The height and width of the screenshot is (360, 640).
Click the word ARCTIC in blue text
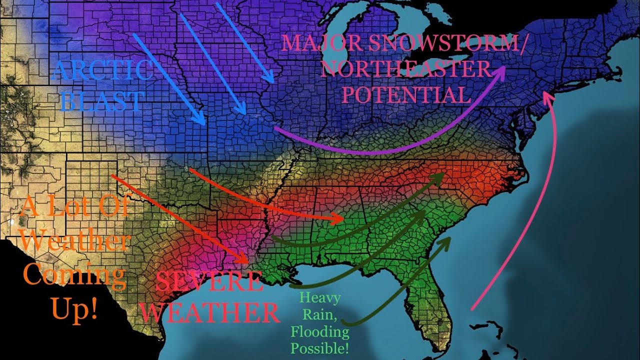(102, 70)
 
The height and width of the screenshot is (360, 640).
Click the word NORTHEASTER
(405, 69)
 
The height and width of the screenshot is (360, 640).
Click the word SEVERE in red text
(209, 283)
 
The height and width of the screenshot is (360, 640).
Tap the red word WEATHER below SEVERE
(209, 313)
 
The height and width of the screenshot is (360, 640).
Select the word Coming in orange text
(74, 276)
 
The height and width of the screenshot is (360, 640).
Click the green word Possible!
(320, 347)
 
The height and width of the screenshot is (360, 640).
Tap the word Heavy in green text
(319, 298)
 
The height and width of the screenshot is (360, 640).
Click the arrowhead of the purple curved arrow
(502, 71)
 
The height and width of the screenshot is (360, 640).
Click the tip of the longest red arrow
(247, 262)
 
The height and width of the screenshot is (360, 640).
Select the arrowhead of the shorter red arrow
(342, 219)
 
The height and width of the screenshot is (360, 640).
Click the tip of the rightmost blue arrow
(272, 81)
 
